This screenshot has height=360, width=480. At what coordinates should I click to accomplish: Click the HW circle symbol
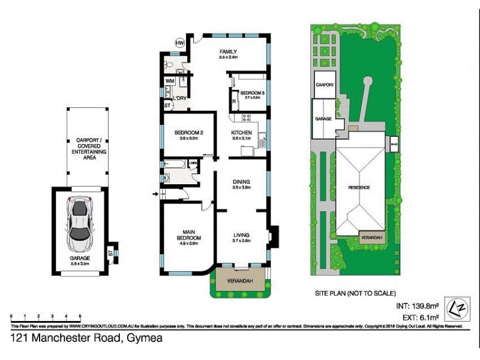(179, 43)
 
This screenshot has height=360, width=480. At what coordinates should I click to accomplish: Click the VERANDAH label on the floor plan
(239, 281)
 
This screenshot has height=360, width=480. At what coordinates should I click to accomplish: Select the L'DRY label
(179, 98)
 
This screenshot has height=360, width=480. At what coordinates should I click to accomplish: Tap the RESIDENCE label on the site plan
(359, 188)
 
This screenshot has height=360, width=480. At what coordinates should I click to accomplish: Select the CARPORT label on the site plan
(325, 85)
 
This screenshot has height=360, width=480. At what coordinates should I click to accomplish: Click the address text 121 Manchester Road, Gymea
(86, 339)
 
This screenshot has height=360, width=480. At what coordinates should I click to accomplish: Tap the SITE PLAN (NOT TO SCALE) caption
(356, 293)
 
